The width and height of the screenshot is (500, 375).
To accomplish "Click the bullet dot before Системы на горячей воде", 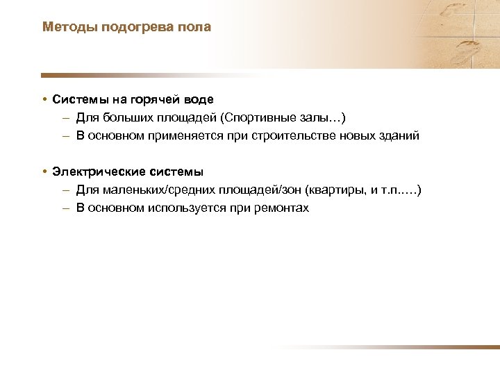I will [44, 99].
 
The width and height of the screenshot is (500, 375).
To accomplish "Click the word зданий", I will [397, 135].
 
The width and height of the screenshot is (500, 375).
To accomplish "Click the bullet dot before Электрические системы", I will [44, 172].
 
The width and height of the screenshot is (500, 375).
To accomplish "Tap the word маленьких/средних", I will [149, 190].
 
